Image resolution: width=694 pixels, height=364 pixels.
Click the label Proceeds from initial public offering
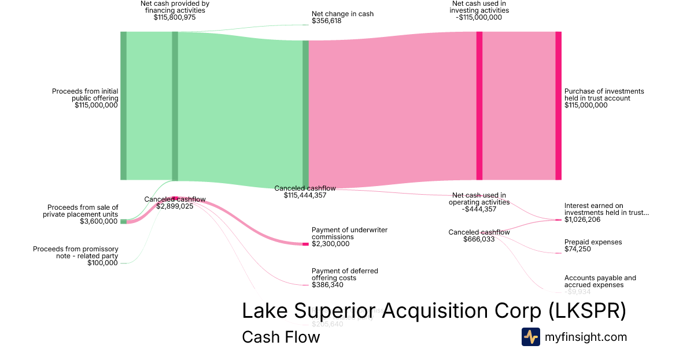(85, 98)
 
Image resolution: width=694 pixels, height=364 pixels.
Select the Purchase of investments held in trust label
(604, 98)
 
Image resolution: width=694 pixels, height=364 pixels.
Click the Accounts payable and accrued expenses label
(600, 281)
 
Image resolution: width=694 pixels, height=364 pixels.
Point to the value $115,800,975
(175, 17)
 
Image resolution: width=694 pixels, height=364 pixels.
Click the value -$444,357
(479, 209)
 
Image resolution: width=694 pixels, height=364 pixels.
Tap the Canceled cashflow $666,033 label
(479, 236)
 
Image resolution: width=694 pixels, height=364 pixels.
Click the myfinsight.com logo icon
(530, 337)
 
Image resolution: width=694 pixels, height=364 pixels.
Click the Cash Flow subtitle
(280, 337)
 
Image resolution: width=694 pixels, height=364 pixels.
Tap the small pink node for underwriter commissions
(305, 244)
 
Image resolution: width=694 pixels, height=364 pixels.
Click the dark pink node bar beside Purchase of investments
(558, 105)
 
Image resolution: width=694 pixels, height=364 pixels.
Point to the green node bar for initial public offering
(123, 105)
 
